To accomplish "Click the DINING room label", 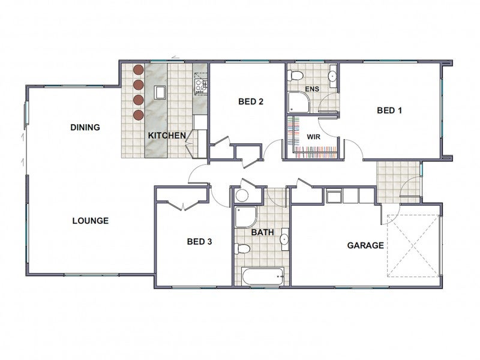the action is click(x=85, y=127).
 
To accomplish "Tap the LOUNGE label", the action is click(x=91, y=221).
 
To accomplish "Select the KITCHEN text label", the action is click(x=167, y=136).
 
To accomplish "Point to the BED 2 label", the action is click(x=251, y=101).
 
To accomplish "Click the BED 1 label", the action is click(x=389, y=110).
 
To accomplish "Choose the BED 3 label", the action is click(x=199, y=242).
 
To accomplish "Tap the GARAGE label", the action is click(x=365, y=245).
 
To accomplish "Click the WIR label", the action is click(x=313, y=137).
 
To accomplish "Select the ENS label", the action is click(x=312, y=89).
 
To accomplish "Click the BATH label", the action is click(x=262, y=232).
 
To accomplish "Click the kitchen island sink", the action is click(x=160, y=92).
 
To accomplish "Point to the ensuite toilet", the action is click(x=296, y=75).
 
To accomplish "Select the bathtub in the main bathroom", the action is click(x=263, y=277).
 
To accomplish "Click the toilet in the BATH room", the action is click(x=242, y=248).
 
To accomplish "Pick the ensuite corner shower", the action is click(x=299, y=102).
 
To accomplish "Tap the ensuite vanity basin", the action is click(x=333, y=76).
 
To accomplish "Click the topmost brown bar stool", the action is click(x=139, y=70).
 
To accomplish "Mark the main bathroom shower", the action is click(x=246, y=217).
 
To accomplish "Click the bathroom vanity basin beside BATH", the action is click(x=285, y=239).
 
